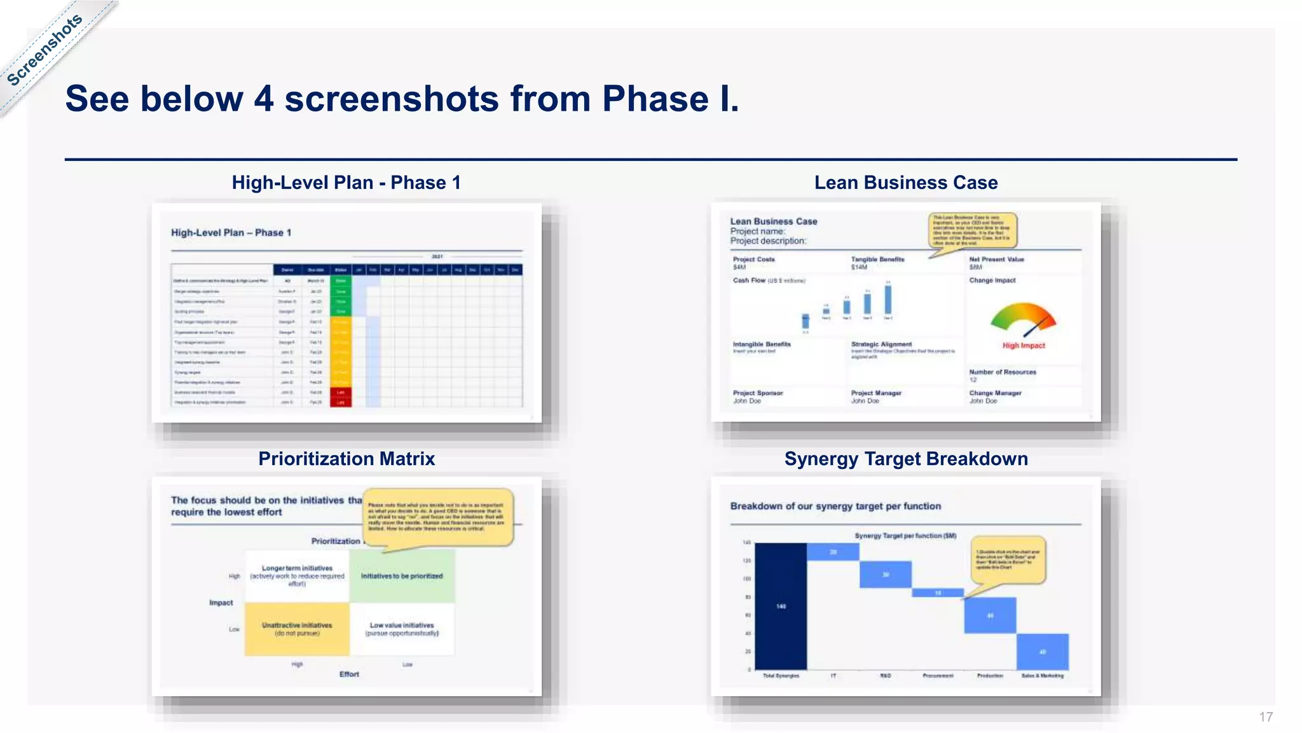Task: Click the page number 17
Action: point(1265,717)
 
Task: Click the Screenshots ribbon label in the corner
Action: point(45,50)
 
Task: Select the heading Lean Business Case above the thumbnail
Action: point(905,183)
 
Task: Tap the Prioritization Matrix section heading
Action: point(346,459)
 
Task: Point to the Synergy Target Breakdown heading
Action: point(905,459)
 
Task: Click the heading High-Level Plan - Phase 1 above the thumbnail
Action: point(346,183)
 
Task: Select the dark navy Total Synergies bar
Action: point(781,606)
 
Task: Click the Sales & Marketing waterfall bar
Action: point(1042,652)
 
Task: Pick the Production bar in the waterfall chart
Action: point(990,615)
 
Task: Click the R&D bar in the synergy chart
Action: point(885,575)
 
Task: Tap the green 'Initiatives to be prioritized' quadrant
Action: point(402,576)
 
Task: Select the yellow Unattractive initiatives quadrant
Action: point(297,629)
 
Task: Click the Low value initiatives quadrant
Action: point(402,629)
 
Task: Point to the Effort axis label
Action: point(349,674)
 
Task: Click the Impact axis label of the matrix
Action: point(221,603)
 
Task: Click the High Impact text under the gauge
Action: point(1024,346)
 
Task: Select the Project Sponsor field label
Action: point(758,393)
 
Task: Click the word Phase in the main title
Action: point(655,99)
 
